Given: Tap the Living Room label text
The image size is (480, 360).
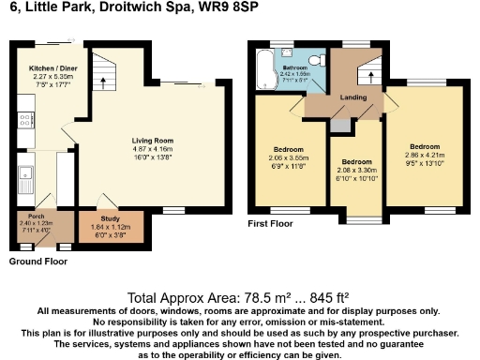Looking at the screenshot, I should coord(152,140).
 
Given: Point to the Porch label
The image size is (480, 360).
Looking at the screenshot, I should coord(36,215).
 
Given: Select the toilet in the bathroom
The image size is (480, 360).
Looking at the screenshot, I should coord(319,60).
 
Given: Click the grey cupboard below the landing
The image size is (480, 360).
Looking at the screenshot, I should coord(339,124).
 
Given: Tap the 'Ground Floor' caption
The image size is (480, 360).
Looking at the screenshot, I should coord(34,263).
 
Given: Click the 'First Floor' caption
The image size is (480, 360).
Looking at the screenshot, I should coord(270,224).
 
